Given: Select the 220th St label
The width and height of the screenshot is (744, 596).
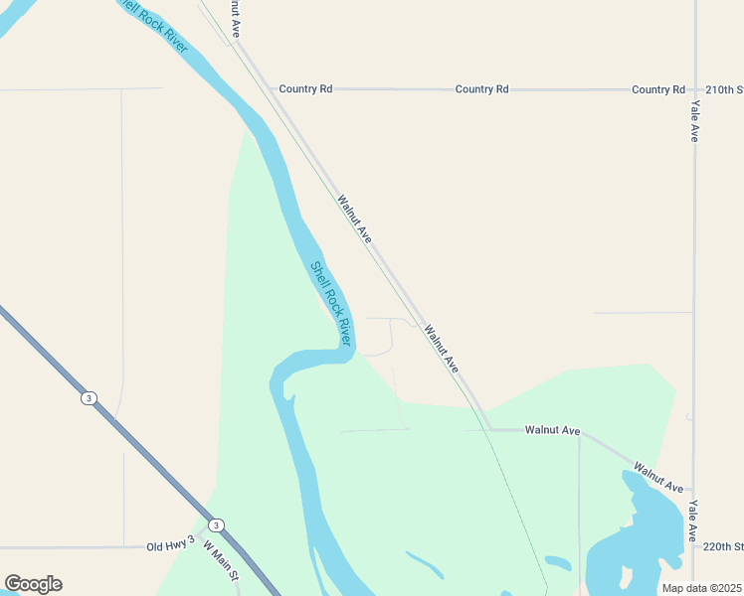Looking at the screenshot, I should point(723,546).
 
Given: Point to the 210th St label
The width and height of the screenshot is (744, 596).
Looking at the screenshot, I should point(724,89).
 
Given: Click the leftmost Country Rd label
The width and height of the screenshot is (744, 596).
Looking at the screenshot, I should point(305,89).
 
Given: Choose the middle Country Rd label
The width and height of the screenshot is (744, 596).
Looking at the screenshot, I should point(481,89).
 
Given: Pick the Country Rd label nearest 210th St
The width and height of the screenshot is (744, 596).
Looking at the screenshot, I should point(658,89).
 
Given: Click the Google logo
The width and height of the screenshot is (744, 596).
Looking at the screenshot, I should point(33,584).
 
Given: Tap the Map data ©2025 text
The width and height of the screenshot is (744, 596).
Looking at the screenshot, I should point(701,588).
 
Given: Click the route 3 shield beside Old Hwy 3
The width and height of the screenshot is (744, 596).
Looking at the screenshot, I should point(216,525).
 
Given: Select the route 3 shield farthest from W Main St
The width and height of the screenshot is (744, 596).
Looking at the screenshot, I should point(90,398).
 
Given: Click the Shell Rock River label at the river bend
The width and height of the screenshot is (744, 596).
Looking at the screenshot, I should point(331,303).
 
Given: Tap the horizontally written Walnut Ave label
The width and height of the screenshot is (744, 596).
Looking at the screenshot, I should point(552,430).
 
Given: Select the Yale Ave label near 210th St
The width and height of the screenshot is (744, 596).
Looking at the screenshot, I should point(694,120).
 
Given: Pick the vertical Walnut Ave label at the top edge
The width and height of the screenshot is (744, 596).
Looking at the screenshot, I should point(235,18).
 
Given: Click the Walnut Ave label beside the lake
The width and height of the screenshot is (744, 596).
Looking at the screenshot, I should point(658,478).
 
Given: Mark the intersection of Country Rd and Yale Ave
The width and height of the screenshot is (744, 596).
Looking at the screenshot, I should point(694,89).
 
